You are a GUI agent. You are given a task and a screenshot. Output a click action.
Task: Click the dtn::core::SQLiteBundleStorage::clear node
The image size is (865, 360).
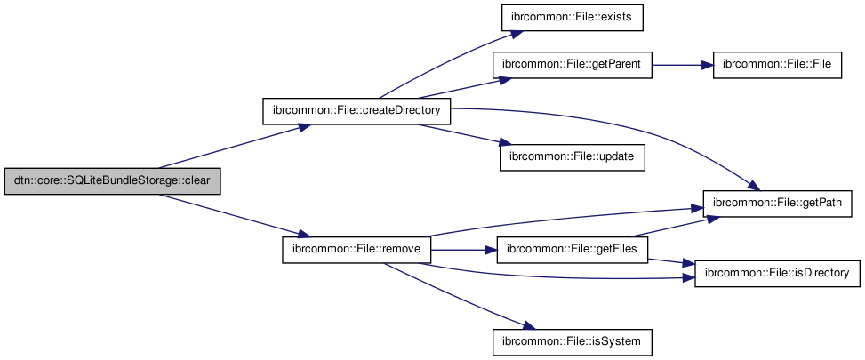click(x=112, y=181)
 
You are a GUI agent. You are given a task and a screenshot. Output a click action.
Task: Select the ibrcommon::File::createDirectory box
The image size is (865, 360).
click(x=356, y=111)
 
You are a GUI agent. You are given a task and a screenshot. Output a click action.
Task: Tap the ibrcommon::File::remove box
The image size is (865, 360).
click(x=356, y=250)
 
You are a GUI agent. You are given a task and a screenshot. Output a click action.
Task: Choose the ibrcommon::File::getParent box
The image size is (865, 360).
click(x=573, y=64)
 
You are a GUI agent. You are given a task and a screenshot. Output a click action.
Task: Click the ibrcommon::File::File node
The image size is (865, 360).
click(x=777, y=64)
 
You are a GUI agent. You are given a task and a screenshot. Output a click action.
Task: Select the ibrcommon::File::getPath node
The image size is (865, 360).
click(x=777, y=204)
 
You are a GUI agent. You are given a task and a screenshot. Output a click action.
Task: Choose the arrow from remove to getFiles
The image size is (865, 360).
click(x=462, y=250)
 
